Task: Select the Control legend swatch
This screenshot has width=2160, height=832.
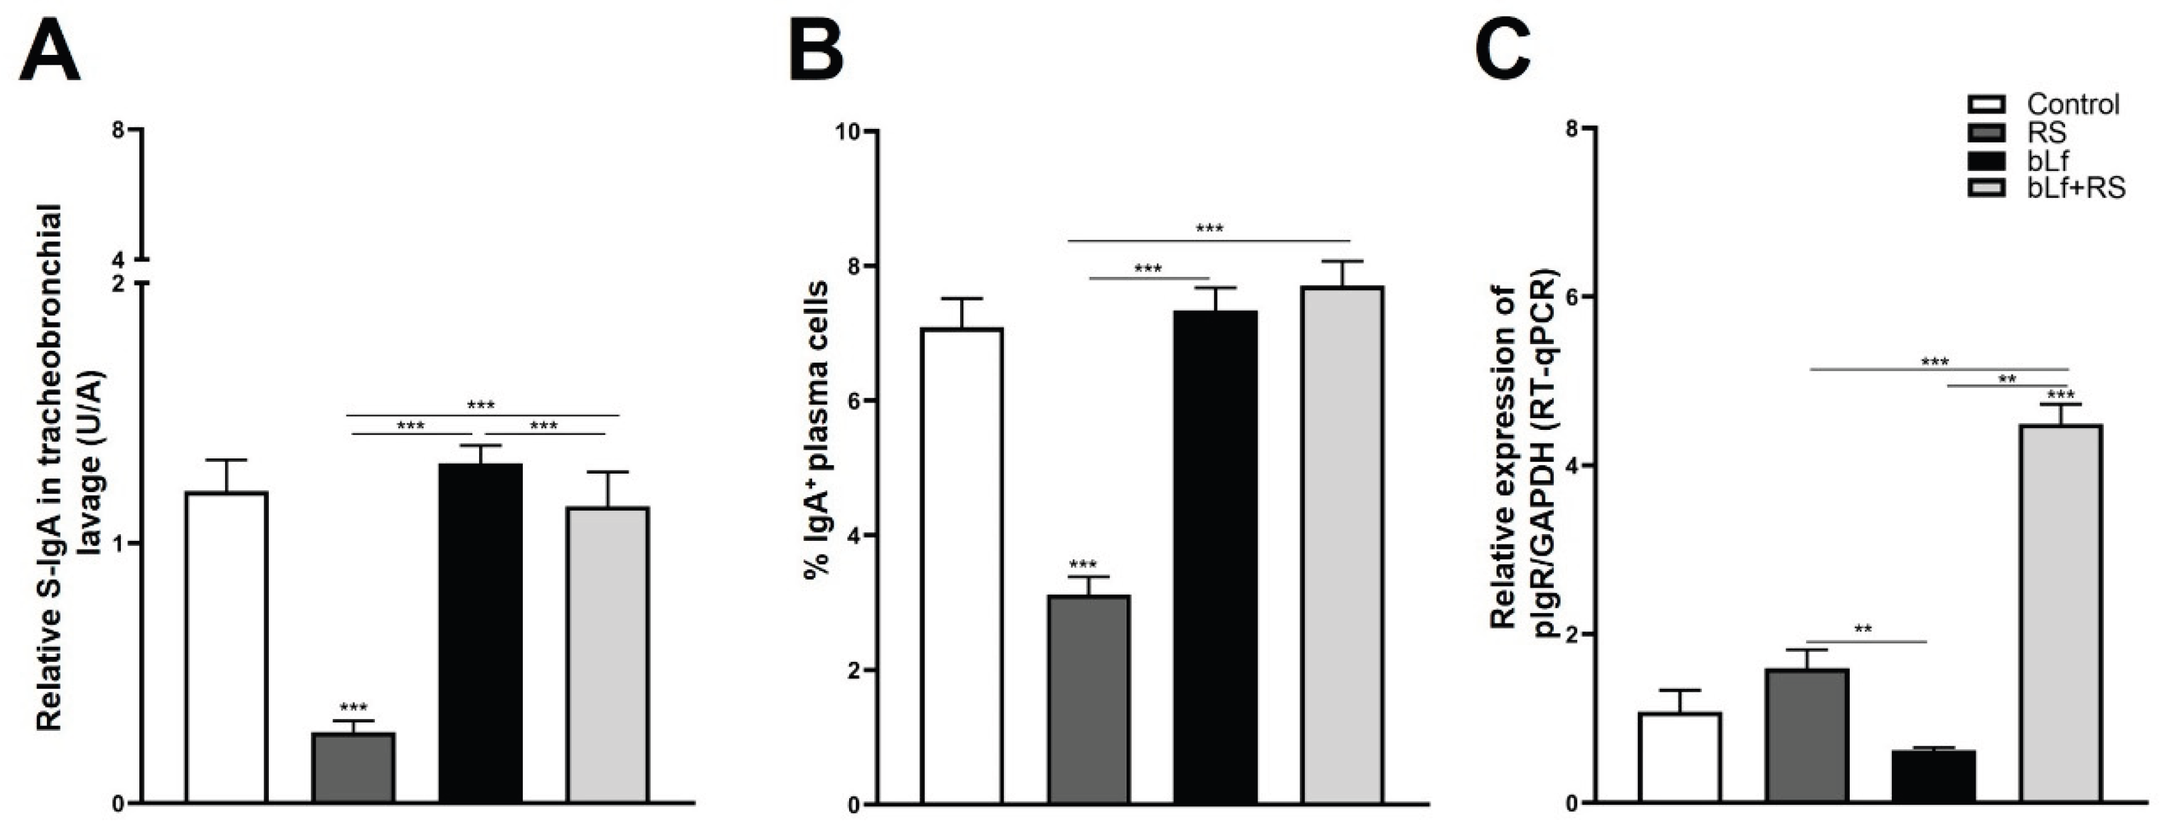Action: tap(1985, 105)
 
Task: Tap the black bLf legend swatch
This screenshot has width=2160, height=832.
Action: tap(1985, 160)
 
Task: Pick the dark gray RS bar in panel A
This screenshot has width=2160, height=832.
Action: tap(353, 767)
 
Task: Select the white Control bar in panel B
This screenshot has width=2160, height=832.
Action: tap(962, 566)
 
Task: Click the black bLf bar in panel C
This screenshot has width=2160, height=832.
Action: tap(1934, 775)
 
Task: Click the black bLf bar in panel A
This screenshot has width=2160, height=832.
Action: tap(480, 633)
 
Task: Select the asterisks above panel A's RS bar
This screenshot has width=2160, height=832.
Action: tap(353, 708)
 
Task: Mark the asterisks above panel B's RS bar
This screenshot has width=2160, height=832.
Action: tap(1083, 564)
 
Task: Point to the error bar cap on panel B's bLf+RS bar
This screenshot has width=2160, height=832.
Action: tap(1342, 262)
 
